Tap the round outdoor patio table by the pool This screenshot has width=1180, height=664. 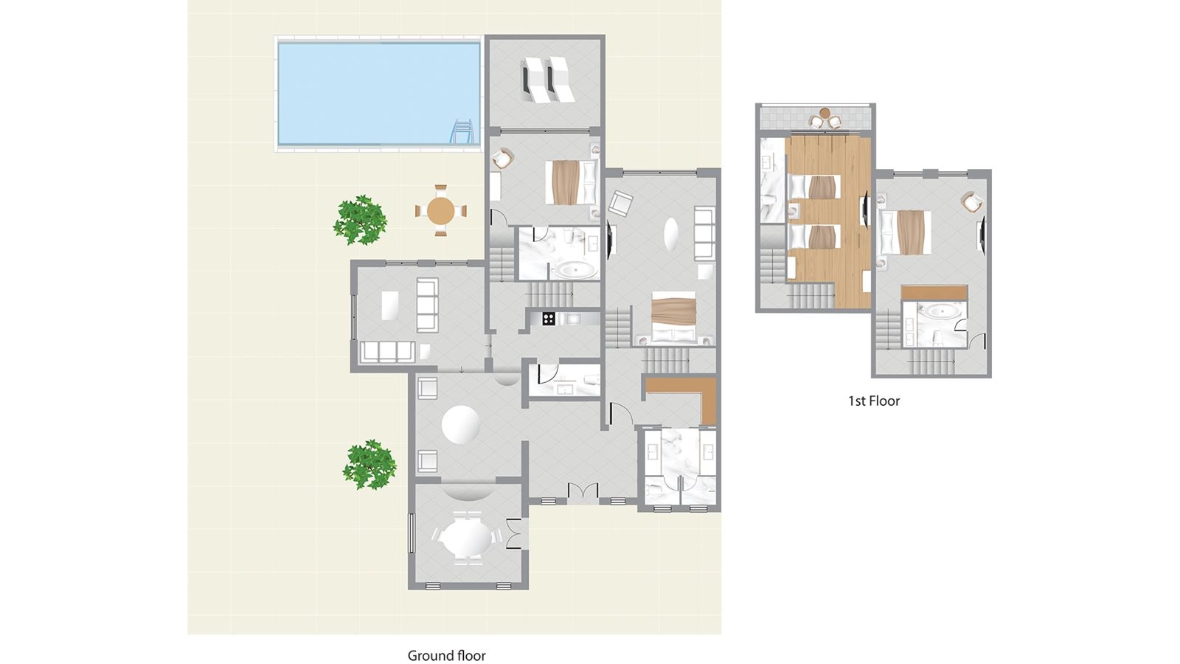[x=441, y=211]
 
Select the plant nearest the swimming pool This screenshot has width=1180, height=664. [x=361, y=219]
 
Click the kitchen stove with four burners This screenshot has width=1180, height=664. [x=549, y=319]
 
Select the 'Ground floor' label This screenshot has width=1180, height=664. [x=446, y=655]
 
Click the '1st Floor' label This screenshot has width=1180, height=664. [x=873, y=401]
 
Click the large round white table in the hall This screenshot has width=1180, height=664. [x=461, y=425]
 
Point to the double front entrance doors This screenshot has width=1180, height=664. [x=583, y=492]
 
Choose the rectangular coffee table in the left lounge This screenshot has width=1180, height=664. [x=389, y=305]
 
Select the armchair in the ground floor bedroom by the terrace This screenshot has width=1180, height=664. [x=503, y=159]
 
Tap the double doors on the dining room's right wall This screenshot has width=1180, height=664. [x=514, y=533]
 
